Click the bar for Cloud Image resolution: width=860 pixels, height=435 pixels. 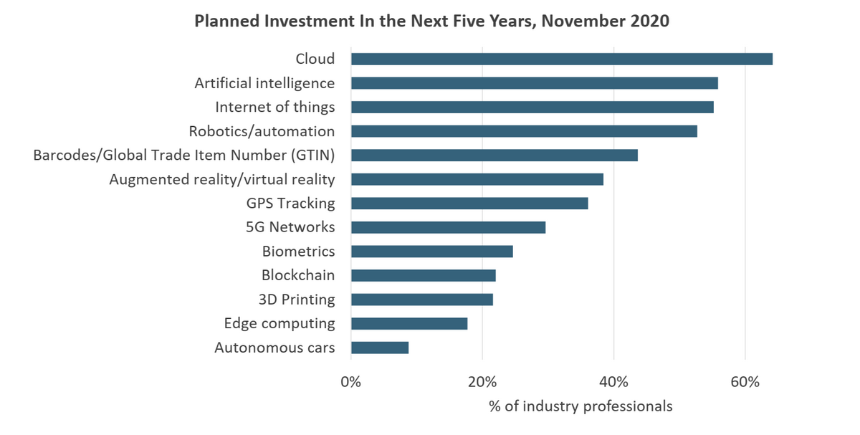(x=561, y=59)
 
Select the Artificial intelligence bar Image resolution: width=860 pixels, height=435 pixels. (x=534, y=83)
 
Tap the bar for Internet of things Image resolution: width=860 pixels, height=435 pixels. (x=532, y=107)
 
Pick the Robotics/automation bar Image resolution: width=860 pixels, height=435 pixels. (x=524, y=131)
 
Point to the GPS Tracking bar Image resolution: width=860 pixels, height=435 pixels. (x=469, y=204)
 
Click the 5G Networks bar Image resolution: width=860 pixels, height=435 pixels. (x=448, y=227)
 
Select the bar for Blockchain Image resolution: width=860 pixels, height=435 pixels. (x=423, y=275)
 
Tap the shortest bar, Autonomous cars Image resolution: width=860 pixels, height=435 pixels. (x=380, y=348)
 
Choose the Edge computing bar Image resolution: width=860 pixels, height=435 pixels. (x=409, y=323)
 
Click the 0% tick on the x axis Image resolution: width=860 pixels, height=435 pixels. (x=350, y=382)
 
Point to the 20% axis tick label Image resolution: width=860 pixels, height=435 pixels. (x=482, y=382)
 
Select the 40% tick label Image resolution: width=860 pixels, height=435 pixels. (x=613, y=382)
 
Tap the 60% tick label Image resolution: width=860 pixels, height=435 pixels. (x=745, y=382)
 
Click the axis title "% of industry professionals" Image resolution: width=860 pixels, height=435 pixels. (x=580, y=406)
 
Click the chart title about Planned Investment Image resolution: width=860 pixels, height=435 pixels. (x=431, y=21)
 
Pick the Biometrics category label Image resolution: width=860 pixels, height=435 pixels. (x=298, y=252)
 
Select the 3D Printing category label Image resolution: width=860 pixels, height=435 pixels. (x=296, y=300)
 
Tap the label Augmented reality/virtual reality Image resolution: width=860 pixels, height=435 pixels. (x=221, y=179)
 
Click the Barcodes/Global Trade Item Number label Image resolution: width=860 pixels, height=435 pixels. (x=184, y=155)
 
